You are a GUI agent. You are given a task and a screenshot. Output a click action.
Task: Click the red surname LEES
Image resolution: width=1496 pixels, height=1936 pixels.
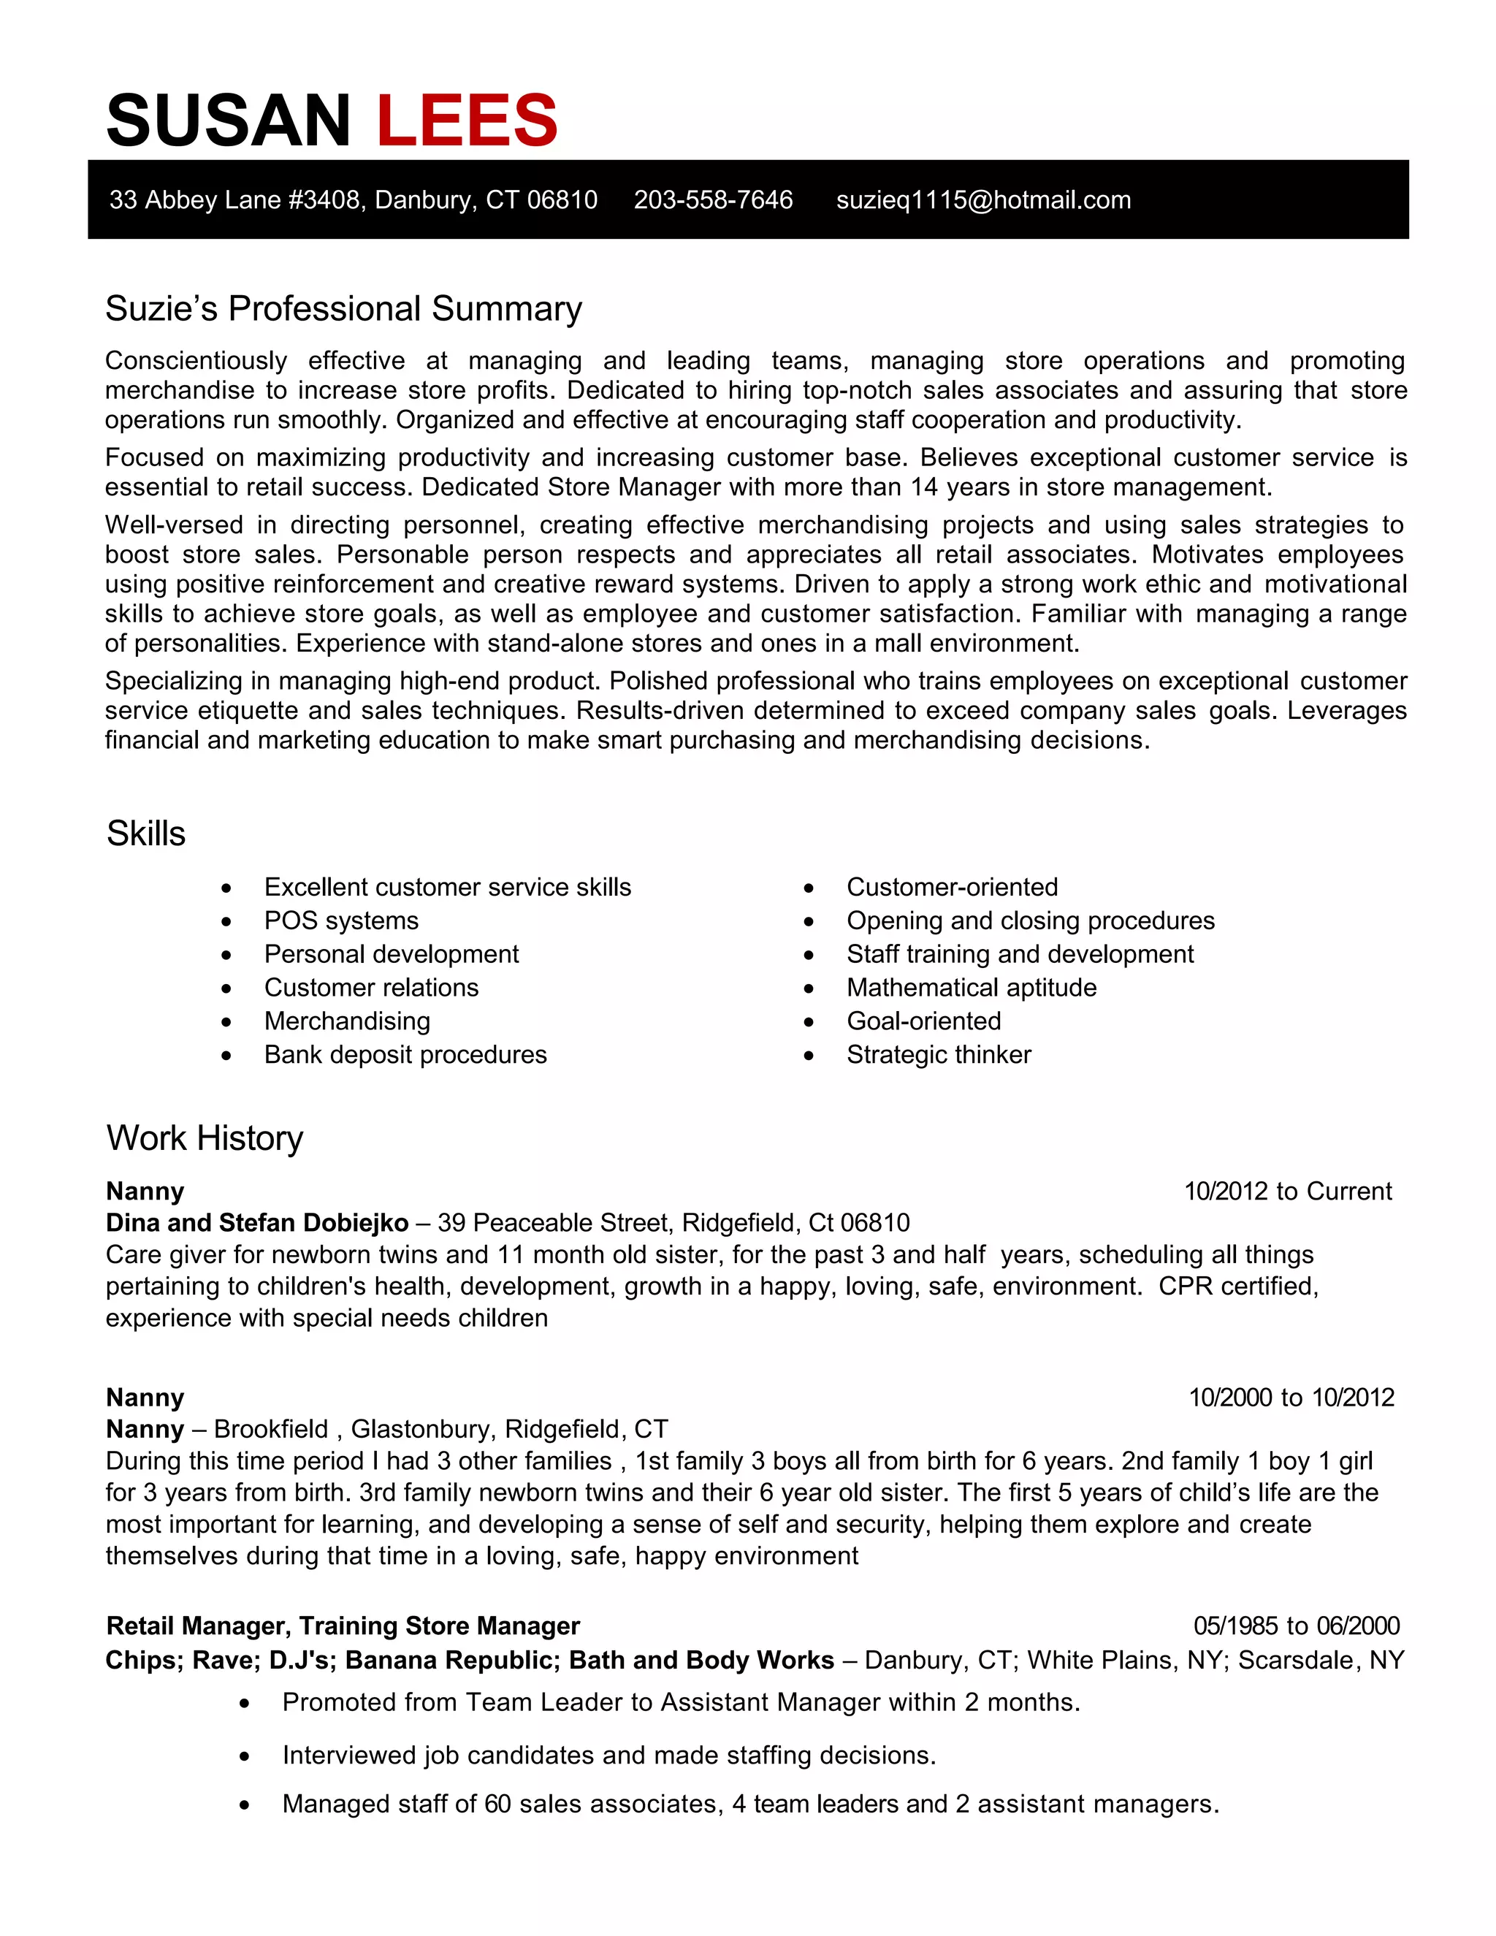click(x=467, y=121)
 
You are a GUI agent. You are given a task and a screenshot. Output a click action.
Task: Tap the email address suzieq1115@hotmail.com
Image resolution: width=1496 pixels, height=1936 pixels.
click(x=983, y=200)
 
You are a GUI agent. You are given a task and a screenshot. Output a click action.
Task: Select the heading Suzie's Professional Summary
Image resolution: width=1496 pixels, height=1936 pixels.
click(x=344, y=308)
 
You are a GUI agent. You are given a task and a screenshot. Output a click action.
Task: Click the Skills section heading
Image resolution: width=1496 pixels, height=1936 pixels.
click(x=146, y=834)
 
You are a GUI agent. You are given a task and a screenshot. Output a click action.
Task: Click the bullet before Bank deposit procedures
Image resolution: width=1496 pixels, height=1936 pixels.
click(x=227, y=1056)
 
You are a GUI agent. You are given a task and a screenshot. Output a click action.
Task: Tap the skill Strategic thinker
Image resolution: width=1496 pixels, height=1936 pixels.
click(x=939, y=1055)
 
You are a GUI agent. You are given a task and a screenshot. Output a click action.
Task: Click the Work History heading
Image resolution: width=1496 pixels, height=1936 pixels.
click(x=205, y=1138)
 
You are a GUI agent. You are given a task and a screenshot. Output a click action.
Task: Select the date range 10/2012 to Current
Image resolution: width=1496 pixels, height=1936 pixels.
click(x=1288, y=1192)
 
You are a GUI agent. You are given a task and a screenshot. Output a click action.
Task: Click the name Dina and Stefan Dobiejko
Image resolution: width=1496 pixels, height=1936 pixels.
click(x=257, y=1223)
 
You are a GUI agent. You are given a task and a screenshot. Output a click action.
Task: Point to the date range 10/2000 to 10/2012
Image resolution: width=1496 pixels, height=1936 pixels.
click(x=1291, y=1398)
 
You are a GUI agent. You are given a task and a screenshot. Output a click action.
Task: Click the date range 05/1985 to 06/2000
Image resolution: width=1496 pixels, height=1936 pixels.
click(x=1297, y=1626)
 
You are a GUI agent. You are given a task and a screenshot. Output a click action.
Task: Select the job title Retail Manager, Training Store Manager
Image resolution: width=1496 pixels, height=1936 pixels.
click(x=343, y=1626)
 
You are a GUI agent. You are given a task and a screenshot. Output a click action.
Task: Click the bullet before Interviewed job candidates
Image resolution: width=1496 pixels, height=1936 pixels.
click(x=245, y=1756)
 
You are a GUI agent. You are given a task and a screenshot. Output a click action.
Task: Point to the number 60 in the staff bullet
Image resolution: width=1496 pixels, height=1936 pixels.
click(x=498, y=1804)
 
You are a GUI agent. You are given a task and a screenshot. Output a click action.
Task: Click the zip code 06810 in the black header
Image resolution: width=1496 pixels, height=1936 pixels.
click(x=562, y=200)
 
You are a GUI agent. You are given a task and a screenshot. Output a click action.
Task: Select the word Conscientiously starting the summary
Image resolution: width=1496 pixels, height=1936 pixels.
click(x=196, y=361)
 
